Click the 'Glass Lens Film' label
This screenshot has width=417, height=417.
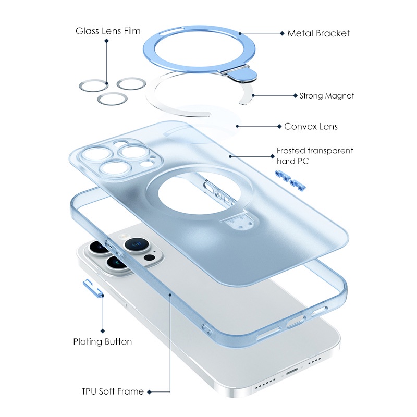pos(108,31)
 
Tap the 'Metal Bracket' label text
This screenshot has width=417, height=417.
pos(318,33)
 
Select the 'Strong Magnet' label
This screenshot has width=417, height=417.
pos(327,96)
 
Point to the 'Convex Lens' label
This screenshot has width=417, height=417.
pos(311,126)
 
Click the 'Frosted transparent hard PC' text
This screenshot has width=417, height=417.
pos(315,156)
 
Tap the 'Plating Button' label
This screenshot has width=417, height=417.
pos(102,341)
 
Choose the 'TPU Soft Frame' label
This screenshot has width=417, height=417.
pos(113,391)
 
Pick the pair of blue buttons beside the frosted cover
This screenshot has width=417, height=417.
pos(290,180)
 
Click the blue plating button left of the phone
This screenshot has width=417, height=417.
pos(93,288)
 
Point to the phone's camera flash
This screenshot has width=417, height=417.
pos(124,236)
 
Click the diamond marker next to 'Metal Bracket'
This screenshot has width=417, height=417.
pos(282,33)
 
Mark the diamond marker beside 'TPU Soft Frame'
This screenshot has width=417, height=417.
pos(150,392)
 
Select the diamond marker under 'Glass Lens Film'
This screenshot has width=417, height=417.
pos(106,41)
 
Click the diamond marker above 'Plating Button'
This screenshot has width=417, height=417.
pos(103,331)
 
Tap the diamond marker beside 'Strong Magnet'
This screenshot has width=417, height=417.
pos(295,96)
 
